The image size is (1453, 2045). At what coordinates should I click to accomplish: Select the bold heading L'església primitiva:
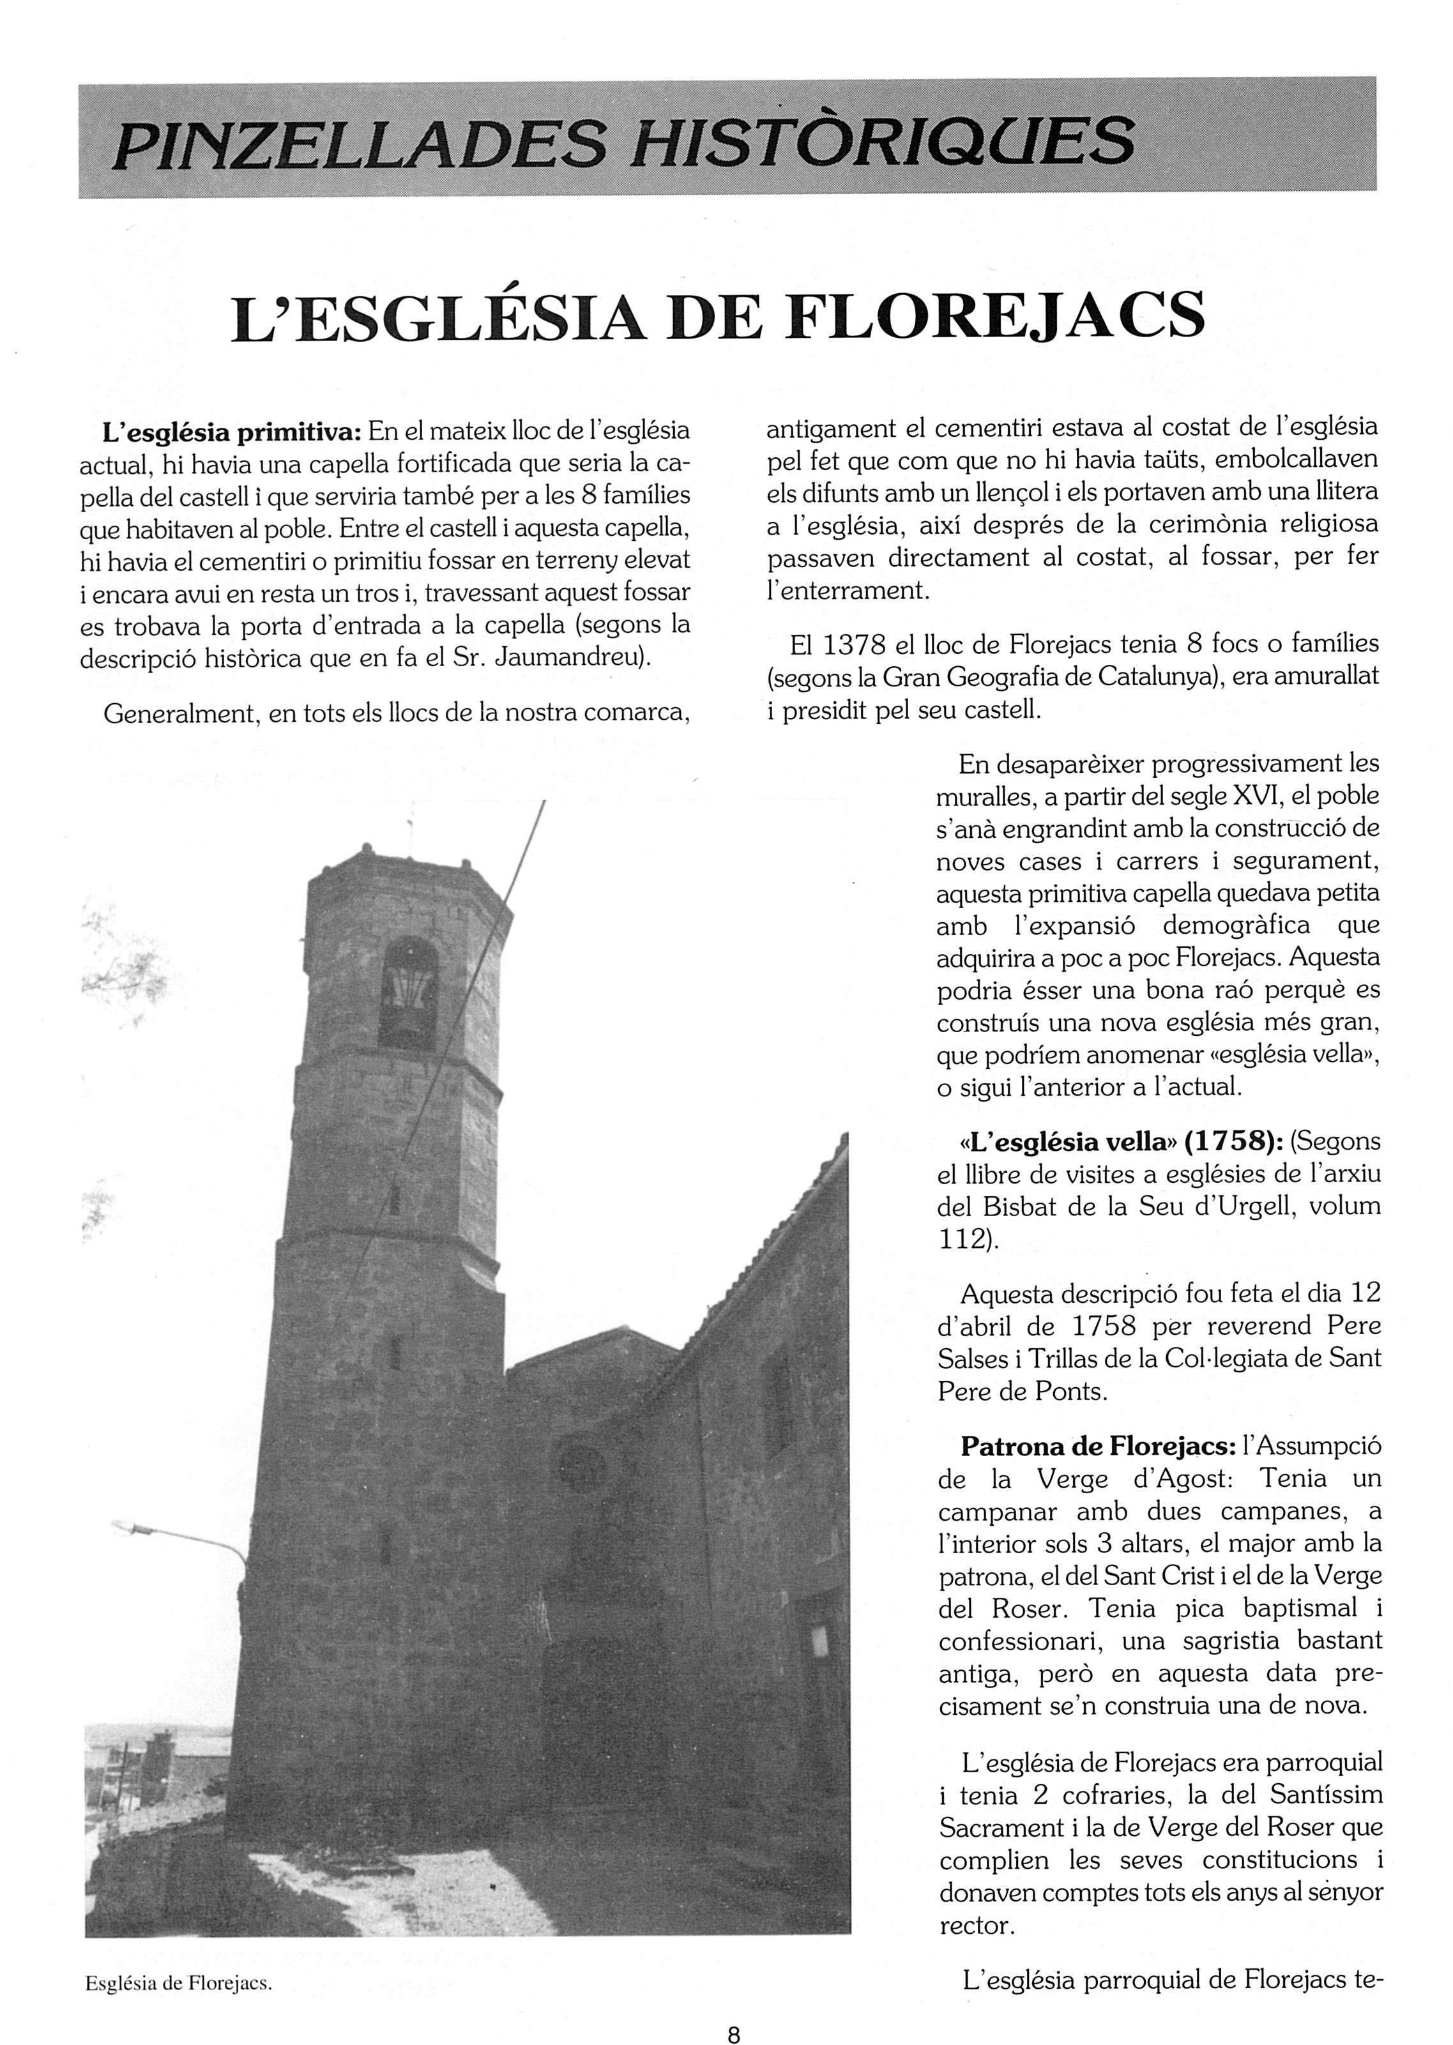point(232,433)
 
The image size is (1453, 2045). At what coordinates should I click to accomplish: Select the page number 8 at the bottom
point(734,2011)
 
